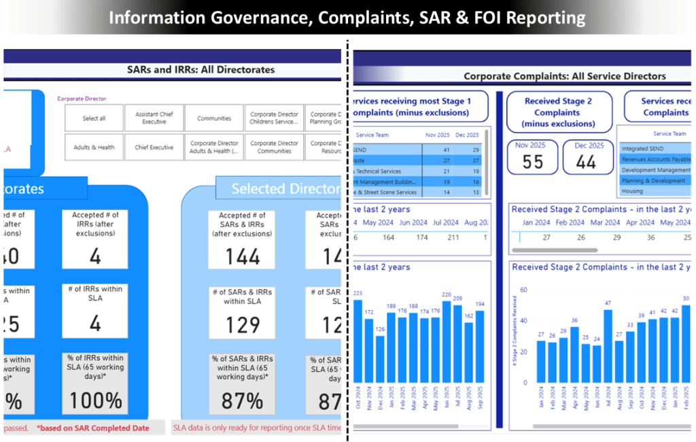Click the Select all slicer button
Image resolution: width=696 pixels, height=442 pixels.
tap(94, 118)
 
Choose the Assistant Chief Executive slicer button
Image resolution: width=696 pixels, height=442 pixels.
tap(154, 118)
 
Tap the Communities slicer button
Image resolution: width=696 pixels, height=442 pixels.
tap(214, 118)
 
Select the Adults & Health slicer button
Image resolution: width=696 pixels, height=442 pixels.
tap(94, 147)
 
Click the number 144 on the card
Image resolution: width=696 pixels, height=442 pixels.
tap(243, 256)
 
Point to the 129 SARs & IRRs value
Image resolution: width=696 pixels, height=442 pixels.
tap(243, 325)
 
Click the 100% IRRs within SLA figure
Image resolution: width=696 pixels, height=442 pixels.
tap(95, 401)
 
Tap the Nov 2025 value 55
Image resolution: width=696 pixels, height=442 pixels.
tap(533, 161)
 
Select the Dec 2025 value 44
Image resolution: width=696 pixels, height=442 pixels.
tap(586, 161)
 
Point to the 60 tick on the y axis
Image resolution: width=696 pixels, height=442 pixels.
tap(523, 290)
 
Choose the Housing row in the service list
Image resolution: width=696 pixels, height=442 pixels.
tap(632, 192)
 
